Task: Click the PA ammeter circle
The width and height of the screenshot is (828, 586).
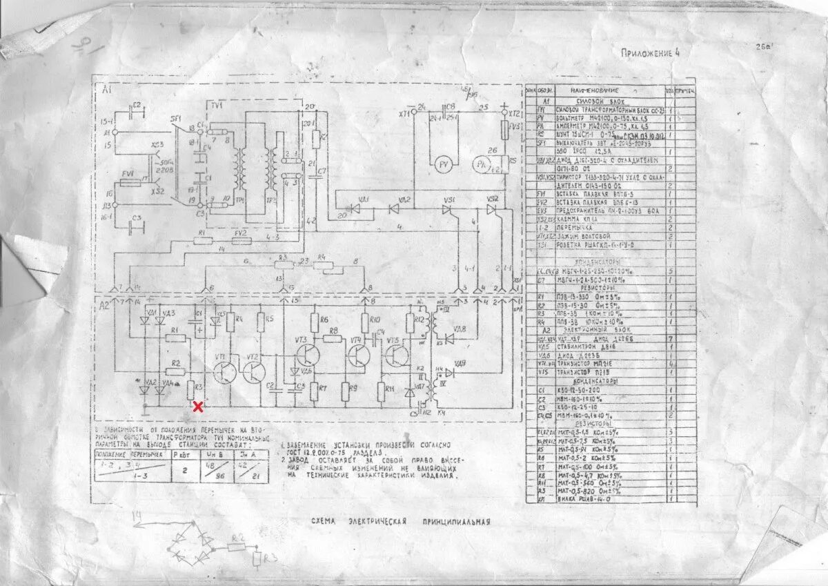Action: click(x=481, y=164)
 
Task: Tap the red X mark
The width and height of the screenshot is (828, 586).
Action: click(x=198, y=407)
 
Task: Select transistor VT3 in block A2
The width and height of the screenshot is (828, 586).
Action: click(x=304, y=356)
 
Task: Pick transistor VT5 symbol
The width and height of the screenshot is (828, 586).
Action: click(x=398, y=356)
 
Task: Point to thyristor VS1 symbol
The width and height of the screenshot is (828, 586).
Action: click(x=450, y=208)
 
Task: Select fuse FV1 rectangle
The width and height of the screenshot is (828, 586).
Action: click(x=129, y=183)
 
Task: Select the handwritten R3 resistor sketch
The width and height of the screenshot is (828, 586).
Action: click(x=257, y=557)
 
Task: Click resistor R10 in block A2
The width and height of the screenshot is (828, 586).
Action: click(x=366, y=322)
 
